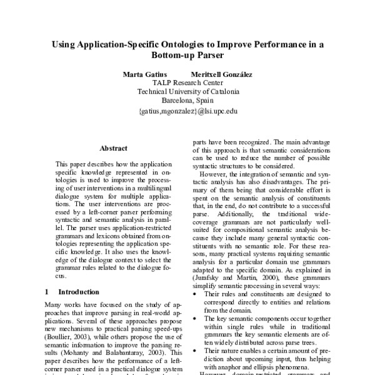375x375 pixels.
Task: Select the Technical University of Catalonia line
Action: pyautogui.click(x=187, y=91)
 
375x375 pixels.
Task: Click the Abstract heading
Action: pyautogui.click(x=113, y=148)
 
